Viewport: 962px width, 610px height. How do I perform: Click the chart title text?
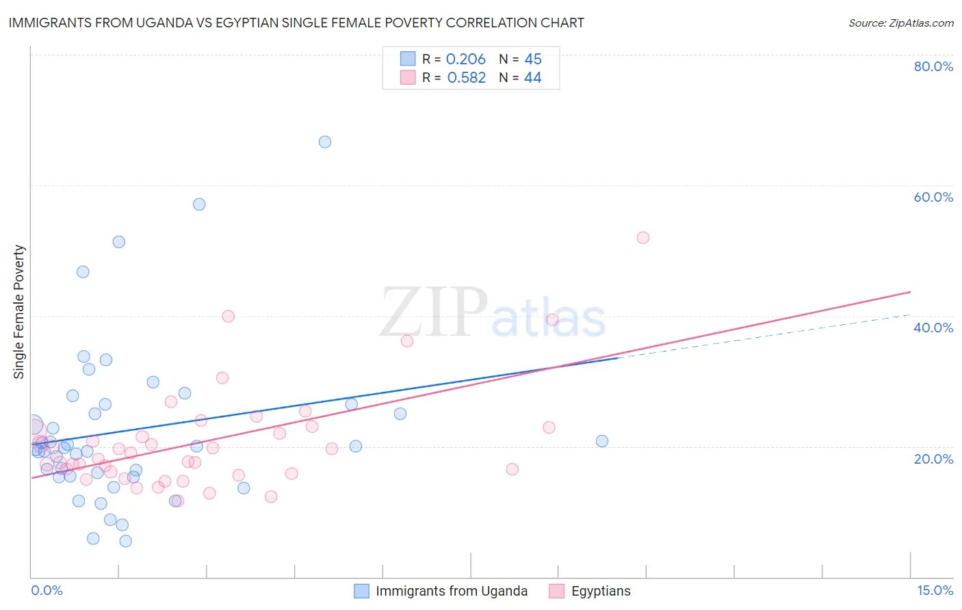pos(296,23)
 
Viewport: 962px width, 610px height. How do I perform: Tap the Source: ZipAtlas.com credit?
pos(900,23)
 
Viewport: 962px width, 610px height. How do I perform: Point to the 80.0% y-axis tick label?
pos(933,66)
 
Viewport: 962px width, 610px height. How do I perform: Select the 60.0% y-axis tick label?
pos(933,197)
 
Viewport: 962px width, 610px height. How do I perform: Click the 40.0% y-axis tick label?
pos(933,328)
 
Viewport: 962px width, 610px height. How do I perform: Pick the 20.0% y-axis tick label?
pos(933,459)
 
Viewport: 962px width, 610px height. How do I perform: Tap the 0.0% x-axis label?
pos(47,590)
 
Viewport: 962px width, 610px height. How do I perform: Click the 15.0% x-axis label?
pos(935,590)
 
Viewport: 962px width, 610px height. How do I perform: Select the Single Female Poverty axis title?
pos(19,312)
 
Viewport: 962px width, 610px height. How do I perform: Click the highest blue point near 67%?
pos(325,142)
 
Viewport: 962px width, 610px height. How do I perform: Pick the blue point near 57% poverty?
pos(199,204)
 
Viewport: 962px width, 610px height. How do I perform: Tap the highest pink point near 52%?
pos(642,238)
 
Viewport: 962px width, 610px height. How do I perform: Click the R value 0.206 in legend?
pos(465,59)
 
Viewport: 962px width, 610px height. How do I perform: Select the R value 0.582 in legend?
pos(466,78)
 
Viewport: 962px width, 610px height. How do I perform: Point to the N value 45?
pos(532,59)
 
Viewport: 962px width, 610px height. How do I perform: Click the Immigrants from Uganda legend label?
pos(452,591)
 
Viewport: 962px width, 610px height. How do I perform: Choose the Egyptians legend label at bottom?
pos(601,591)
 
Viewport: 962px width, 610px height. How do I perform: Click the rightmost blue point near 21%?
pos(602,441)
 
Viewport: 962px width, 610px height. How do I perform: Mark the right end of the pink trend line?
pos(910,292)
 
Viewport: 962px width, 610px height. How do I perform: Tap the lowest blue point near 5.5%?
pos(126,541)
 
